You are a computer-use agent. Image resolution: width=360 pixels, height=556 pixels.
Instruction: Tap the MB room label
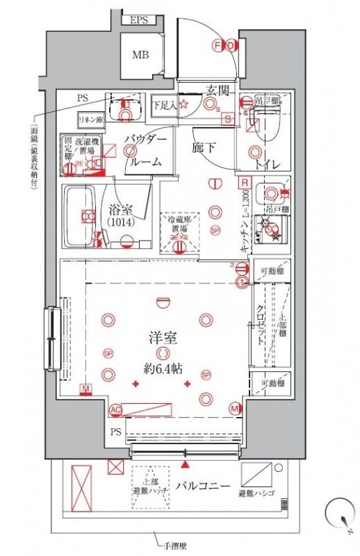click(x=140, y=55)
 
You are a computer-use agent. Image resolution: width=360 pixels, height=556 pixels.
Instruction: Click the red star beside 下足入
click(x=184, y=105)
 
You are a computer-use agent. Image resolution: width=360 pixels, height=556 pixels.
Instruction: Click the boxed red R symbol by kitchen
click(x=243, y=183)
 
